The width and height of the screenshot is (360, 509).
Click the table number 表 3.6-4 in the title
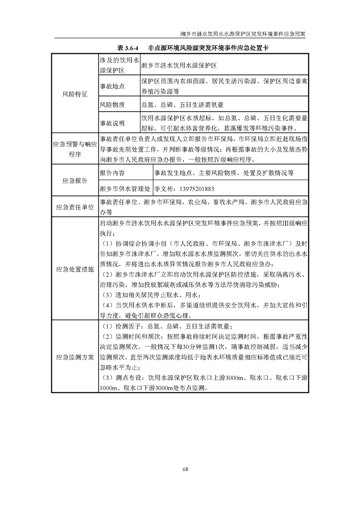click(128, 48)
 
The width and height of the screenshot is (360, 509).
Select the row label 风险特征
click(75, 94)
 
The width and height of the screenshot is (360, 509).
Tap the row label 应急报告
click(75, 181)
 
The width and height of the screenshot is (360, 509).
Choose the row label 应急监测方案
click(75, 357)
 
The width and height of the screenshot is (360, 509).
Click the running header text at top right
click(243, 34)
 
